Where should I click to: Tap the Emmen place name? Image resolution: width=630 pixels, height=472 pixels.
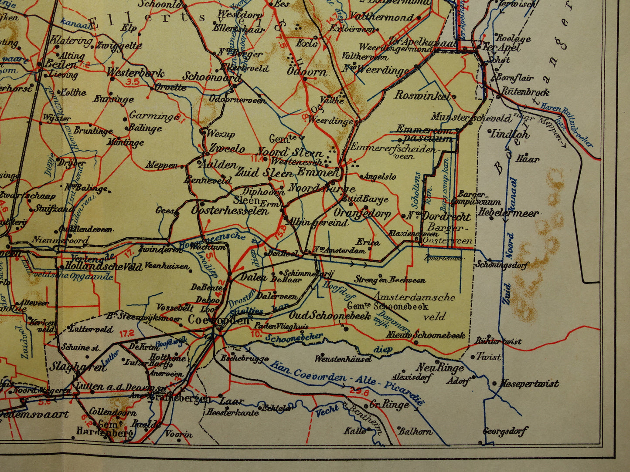(318, 172)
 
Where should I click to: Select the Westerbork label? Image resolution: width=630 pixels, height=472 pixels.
(135, 73)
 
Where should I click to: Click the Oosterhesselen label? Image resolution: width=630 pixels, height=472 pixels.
(230, 211)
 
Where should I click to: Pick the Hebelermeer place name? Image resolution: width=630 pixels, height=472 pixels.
(508, 213)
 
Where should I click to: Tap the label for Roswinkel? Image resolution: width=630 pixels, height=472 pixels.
(422, 95)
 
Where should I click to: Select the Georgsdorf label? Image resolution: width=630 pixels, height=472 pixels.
(505, 431)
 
